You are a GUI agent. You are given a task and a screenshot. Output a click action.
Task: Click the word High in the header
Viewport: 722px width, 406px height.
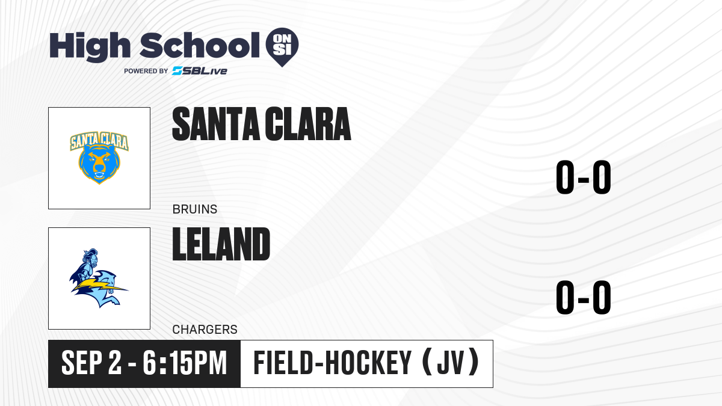[x=90, y=46]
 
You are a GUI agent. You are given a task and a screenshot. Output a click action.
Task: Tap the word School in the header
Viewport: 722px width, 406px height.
[x=200, y=45]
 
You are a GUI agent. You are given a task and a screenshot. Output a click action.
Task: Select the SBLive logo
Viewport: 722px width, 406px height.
[x=199, y=71]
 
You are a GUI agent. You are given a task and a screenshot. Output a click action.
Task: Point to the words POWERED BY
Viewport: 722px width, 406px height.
[x=146, y=71]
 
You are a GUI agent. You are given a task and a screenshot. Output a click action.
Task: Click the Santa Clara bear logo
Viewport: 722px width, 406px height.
[x=99, y=158]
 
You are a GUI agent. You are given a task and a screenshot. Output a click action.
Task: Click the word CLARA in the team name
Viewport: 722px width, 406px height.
[x=308, y=124]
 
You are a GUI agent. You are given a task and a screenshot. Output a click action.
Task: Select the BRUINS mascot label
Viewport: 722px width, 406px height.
[x=195, y=209]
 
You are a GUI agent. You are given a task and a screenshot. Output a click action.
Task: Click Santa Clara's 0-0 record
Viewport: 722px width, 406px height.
[x=584, y=177]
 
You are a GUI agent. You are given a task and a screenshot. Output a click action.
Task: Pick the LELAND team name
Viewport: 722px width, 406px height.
[x=221, y=244]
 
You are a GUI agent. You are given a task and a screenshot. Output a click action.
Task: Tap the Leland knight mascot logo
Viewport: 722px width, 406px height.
[x=99, y=278]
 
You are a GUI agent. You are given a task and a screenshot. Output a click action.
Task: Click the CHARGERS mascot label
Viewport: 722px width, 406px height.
[x=205, y=330]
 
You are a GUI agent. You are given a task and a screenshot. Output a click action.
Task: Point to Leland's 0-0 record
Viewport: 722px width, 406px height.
[x=584, y=297]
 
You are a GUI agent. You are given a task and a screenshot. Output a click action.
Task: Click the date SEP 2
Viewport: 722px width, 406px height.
[x=91, y=363]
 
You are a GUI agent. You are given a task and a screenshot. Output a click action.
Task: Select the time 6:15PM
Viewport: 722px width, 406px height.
[x=185, y=363]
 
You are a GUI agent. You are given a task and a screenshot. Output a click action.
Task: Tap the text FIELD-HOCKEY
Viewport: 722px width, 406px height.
[x=332, y=363]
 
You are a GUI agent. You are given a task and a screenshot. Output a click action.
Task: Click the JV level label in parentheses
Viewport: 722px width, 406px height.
[x=451, y=363]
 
